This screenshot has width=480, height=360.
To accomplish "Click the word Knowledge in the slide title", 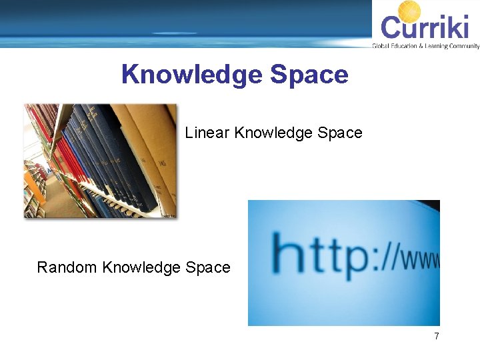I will [193, 75].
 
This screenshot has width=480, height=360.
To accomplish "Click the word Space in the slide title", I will [309, 75].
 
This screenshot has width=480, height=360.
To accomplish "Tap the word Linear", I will [208, 133].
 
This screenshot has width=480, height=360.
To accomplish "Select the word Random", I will [67, 267].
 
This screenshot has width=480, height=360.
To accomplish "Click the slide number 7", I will [437, 336].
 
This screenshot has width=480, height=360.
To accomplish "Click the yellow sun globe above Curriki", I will [409, 11].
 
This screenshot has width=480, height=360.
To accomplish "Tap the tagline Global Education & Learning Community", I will [425, 46].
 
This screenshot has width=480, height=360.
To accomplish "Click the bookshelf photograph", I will [100, 161].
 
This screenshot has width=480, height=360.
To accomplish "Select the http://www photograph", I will [343, 263].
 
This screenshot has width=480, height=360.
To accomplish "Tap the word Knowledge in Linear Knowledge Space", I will [273, 133].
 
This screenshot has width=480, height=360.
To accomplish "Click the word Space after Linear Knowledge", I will [339, 133].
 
